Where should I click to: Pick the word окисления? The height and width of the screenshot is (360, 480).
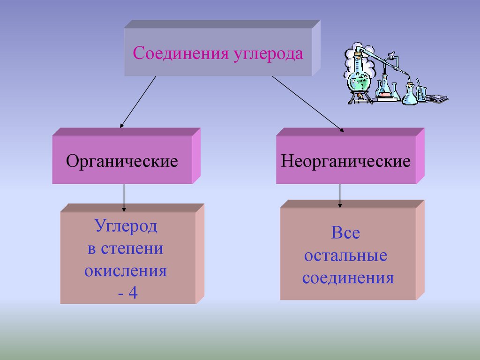(x=126, y=271)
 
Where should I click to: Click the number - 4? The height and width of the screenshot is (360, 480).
(x=127, y=294)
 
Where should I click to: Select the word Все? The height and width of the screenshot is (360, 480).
(x=345, y=233)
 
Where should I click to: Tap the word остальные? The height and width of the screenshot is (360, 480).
(x=345, y=256)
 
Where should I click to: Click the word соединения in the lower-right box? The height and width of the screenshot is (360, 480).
(x=347, y=278)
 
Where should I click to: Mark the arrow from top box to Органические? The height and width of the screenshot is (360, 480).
(x=138, y=102)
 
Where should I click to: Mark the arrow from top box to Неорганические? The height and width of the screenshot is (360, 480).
(x=307, y=104)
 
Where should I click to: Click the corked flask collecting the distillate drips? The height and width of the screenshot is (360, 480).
(x=410, y=94)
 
